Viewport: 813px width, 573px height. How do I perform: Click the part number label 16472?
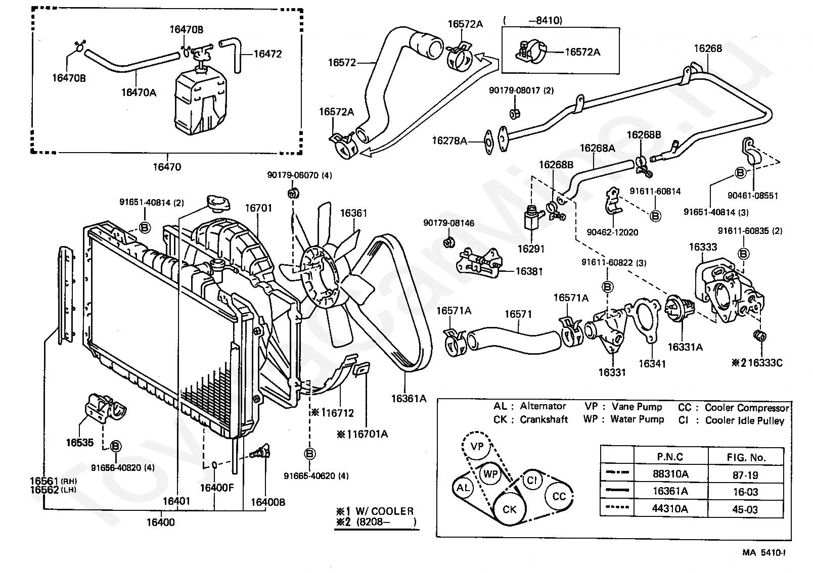267,54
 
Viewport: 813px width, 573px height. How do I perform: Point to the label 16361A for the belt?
409,399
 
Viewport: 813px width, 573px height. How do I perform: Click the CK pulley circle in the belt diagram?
509,509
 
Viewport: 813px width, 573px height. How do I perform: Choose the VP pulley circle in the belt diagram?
477,446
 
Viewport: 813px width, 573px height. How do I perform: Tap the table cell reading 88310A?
670,473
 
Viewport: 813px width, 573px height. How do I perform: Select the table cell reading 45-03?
745,509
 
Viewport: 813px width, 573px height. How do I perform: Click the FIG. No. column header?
746,457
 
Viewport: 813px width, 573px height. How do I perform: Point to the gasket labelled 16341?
643,320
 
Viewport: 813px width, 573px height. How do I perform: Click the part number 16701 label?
258,208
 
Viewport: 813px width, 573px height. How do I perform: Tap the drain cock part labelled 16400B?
260,453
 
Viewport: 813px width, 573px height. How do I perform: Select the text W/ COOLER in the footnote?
384,511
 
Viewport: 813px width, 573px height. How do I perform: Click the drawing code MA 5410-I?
764,552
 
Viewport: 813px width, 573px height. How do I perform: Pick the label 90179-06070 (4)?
299,175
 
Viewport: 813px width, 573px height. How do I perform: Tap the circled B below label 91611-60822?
608,287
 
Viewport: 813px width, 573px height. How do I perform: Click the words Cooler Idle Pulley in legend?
744,420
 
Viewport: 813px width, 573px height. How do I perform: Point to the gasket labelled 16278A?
489,142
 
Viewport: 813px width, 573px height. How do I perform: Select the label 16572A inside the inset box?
582,52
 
